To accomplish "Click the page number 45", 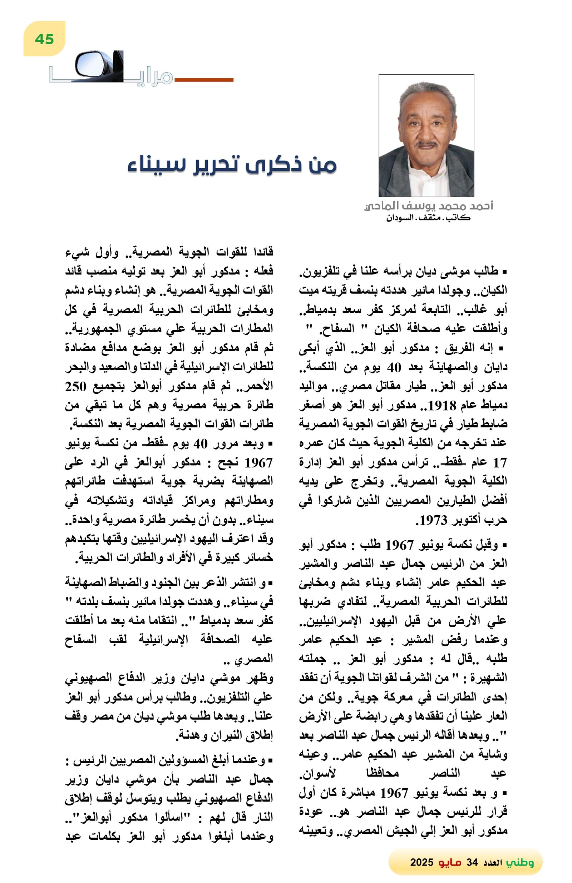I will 44,39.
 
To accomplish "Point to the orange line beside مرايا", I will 203,79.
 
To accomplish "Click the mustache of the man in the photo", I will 426,143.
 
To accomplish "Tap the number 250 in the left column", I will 76,386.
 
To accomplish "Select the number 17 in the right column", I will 499,463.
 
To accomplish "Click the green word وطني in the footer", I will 521,862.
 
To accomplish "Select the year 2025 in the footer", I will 421,862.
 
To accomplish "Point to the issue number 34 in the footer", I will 472,862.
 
